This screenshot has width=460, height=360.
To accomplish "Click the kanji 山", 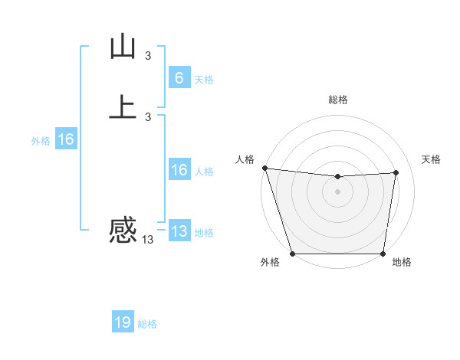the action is tap(123, 47).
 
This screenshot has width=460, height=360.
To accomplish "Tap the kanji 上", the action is tap(123, 106).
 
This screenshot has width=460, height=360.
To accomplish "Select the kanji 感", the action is tap(123, 230).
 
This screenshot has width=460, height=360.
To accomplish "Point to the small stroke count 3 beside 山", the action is tap(148, 55).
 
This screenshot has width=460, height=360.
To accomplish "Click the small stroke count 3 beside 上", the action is tap(148, 116).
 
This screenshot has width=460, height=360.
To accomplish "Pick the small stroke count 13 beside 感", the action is tap(147, 240).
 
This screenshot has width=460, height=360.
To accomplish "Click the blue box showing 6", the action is tap(179, 78).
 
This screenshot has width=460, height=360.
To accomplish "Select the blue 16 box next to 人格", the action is tap(179, 171).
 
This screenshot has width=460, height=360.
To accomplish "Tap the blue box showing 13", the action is tap(179, 232).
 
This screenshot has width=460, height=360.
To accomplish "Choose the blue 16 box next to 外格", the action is tap(66, 140).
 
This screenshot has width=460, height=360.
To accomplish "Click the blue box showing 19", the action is tap(123, 322).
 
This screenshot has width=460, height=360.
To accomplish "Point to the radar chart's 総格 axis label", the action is tap(337, 100).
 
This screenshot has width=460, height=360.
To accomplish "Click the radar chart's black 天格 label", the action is tap(431, 159).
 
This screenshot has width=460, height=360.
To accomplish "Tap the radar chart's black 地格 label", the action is tap(402, 263).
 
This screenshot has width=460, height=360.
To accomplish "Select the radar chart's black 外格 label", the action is tap(270, 263).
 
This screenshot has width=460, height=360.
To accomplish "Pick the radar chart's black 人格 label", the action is tap(245, 159).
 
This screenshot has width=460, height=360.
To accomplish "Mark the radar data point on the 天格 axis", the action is tap(396, 172).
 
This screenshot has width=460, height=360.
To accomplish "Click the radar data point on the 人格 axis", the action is tap(264, 168).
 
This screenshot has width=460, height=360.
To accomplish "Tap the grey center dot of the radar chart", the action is tap(337, 191).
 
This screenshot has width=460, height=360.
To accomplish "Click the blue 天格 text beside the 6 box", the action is tap(204, 79).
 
